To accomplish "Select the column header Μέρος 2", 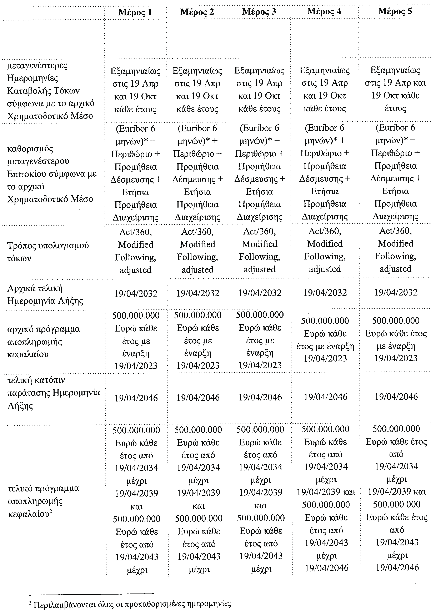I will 197,12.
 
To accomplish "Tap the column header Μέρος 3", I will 259,12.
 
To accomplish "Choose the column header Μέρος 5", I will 395,11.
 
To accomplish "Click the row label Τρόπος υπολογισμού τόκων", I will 48,252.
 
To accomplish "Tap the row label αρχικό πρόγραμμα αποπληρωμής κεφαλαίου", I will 44,342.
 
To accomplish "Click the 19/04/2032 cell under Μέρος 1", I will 136,293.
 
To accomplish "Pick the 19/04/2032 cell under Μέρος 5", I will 396,292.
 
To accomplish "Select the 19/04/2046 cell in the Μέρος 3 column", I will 260,397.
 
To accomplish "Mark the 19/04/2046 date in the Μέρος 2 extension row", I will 198,397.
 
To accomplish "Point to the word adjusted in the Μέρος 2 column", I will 197,269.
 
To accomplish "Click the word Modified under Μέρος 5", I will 396,243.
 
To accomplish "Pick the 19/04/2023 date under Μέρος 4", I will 325,358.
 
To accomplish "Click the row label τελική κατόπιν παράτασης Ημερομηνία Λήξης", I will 54,393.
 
